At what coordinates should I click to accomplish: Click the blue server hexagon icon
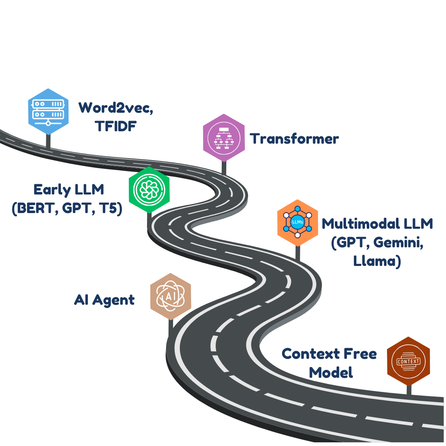(48, 111)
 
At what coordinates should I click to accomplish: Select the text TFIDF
(116, 126)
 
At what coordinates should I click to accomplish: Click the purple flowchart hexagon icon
(224, 138)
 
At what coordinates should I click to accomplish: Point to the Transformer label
(294, 139)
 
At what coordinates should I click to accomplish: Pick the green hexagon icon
(149, 190)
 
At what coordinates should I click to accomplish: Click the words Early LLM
(69, 190)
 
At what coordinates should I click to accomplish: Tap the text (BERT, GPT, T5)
(67, 209)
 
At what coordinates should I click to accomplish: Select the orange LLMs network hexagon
(297, 223)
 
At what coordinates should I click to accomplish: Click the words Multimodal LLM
(377, 224)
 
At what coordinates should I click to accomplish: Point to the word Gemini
(398, 243)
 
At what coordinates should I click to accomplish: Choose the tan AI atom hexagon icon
(171, 297)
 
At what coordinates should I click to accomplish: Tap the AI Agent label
(104, 300)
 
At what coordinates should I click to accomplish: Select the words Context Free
(329, 354)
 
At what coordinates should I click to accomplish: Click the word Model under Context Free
(331, 373)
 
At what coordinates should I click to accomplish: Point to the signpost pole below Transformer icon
(224, 168)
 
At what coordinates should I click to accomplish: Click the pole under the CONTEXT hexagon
(409, 390)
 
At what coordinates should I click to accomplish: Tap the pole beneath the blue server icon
(48, 141)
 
